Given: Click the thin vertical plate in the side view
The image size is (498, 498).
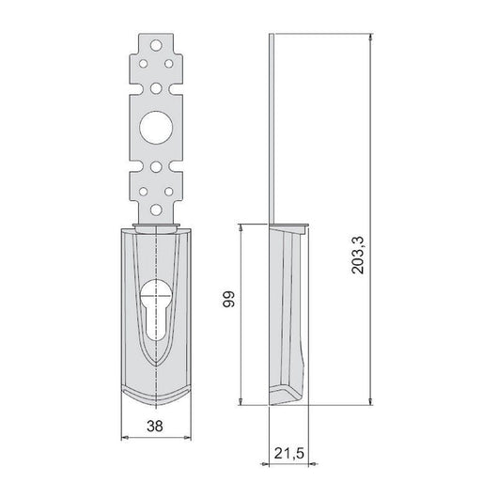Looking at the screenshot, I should (x=271, y=122).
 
